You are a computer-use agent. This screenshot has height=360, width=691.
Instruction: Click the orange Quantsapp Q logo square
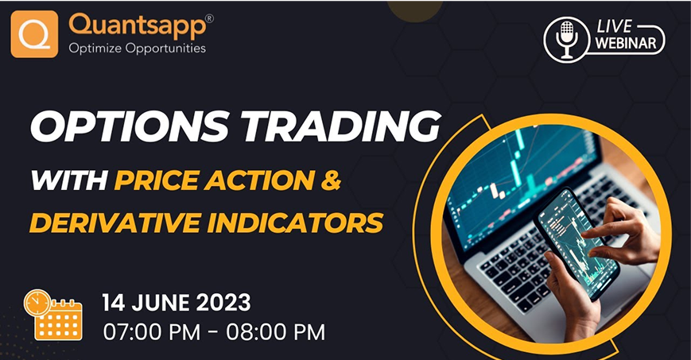pos(34,33)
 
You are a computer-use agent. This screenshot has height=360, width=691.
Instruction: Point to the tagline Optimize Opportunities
pos(137,48)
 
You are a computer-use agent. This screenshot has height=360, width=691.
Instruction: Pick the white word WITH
pos(68,180)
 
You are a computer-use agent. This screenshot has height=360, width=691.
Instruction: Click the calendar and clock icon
pos(52,315)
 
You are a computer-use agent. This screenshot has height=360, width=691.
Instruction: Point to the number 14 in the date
pos(115,303)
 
